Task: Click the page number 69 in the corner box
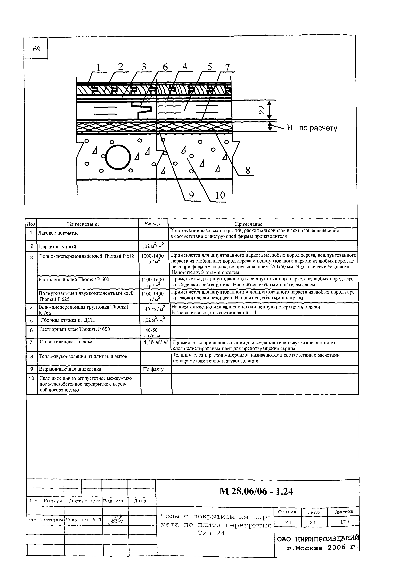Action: coord(37,49)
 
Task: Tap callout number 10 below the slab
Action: coord(220,195)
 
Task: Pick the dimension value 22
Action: coord(261,110)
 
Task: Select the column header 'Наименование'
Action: coord(83,224)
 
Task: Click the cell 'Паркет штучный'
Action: coord(57,246)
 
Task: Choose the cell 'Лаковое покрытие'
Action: coord(58,233)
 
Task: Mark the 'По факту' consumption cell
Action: coord(153,369)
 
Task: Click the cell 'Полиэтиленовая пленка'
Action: coord(66,342)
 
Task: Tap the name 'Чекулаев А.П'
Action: coord(83,520)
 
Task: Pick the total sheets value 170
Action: coord(344,522)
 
